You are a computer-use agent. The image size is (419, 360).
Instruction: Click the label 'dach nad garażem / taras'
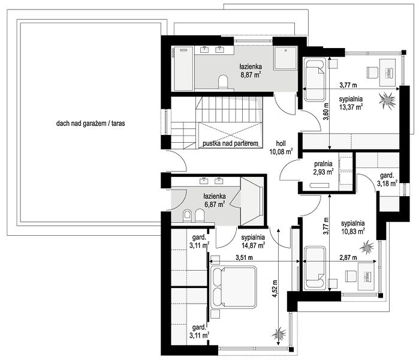coord(91,123)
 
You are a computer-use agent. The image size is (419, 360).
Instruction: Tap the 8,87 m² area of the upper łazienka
coord(251,74)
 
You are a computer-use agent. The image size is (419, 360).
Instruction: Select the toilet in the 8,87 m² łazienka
coord(223,82)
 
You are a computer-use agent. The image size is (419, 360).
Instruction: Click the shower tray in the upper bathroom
coord(285,58)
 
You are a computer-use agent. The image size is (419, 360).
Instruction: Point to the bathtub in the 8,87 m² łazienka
coord(183,69)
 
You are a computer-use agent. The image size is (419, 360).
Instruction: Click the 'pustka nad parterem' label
coord(230,143)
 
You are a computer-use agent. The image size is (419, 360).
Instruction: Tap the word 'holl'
coord(281,143)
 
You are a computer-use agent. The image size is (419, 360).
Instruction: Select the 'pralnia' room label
coord(323,164)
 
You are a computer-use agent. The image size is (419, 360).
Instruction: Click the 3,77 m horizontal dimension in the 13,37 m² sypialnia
coord(348,85)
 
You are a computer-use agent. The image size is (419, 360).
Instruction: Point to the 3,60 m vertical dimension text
coord(325,112)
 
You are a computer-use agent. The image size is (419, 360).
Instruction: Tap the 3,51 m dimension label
coord(244,257)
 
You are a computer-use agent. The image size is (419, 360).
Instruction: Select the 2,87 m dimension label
coord(348,257)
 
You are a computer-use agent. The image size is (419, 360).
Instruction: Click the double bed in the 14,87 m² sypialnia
coord(234,287)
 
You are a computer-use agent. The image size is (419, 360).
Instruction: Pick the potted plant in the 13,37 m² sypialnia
coord(387,100)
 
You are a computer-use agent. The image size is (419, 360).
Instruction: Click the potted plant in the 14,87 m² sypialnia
coord(279,334)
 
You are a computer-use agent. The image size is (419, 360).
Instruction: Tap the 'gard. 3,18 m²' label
coord(387,179)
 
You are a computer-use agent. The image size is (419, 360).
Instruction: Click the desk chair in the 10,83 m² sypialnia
coord(350,276)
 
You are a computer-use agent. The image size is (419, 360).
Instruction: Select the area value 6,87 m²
coord(215,205)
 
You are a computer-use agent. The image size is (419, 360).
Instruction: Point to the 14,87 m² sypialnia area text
coord(253,245)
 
